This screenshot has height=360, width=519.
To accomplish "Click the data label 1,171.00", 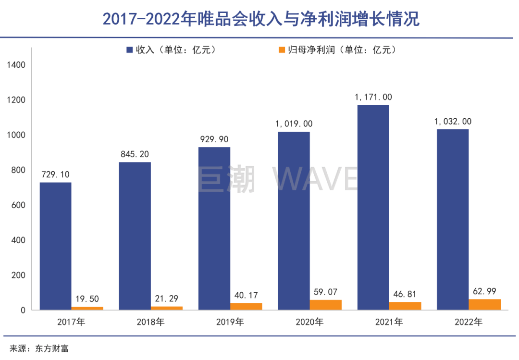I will (x=373, y=97).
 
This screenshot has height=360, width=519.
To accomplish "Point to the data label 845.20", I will (x=135, y=154).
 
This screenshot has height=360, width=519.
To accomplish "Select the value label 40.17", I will (x=247, y=295).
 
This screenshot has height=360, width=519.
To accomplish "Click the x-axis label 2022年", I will (x=469, y=322).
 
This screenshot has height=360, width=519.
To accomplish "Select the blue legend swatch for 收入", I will (x=130, y=50).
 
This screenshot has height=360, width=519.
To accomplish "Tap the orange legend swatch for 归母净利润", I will (x=282, y=50).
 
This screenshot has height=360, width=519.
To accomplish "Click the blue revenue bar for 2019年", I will (x=214, y=229).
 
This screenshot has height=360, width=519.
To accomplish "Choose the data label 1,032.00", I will (x=453, y=122).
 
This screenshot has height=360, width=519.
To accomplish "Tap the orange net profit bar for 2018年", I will (x=167, y=308).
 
